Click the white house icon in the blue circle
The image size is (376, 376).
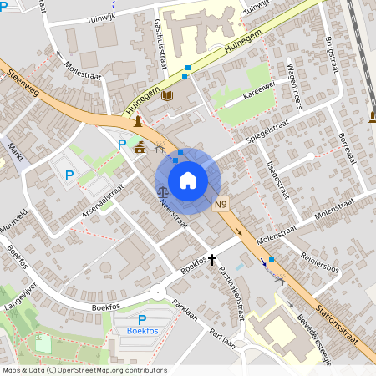[x=188, y=180]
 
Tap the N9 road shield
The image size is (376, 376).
[x=221, y=205]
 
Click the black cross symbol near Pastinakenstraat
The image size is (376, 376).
[x=213, y=260]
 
